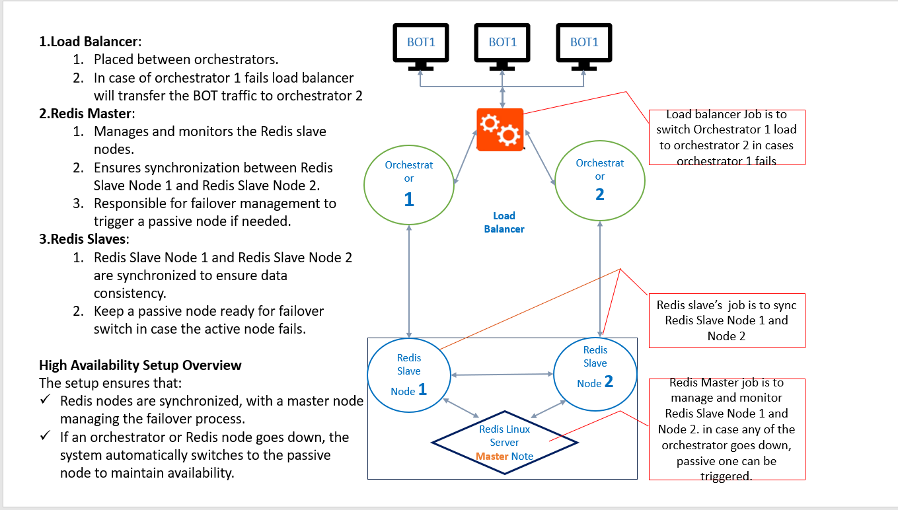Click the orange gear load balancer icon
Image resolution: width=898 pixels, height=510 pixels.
(x=500, y=129)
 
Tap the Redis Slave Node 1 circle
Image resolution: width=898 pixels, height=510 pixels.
(x=408, y=375)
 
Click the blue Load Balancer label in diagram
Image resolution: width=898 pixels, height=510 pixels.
(x=504, y=222)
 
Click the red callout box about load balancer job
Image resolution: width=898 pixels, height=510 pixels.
(x=727, y=137)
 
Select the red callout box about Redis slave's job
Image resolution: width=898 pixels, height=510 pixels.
(x=727, y=320)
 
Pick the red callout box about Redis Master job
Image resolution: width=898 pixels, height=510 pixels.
(x=727, y=429)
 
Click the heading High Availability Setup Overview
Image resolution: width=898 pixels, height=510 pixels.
(x=140, y=365)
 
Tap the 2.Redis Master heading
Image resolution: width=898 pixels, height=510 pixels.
(x=87, y=113)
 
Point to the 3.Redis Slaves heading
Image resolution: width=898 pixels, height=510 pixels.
(x=84, y=238)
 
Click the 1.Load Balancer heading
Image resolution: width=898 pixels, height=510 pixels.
(x=91, y=41)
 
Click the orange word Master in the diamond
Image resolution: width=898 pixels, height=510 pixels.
(x=492, y=456)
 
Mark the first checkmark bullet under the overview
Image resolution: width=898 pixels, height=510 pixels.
(x=45, y=400)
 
